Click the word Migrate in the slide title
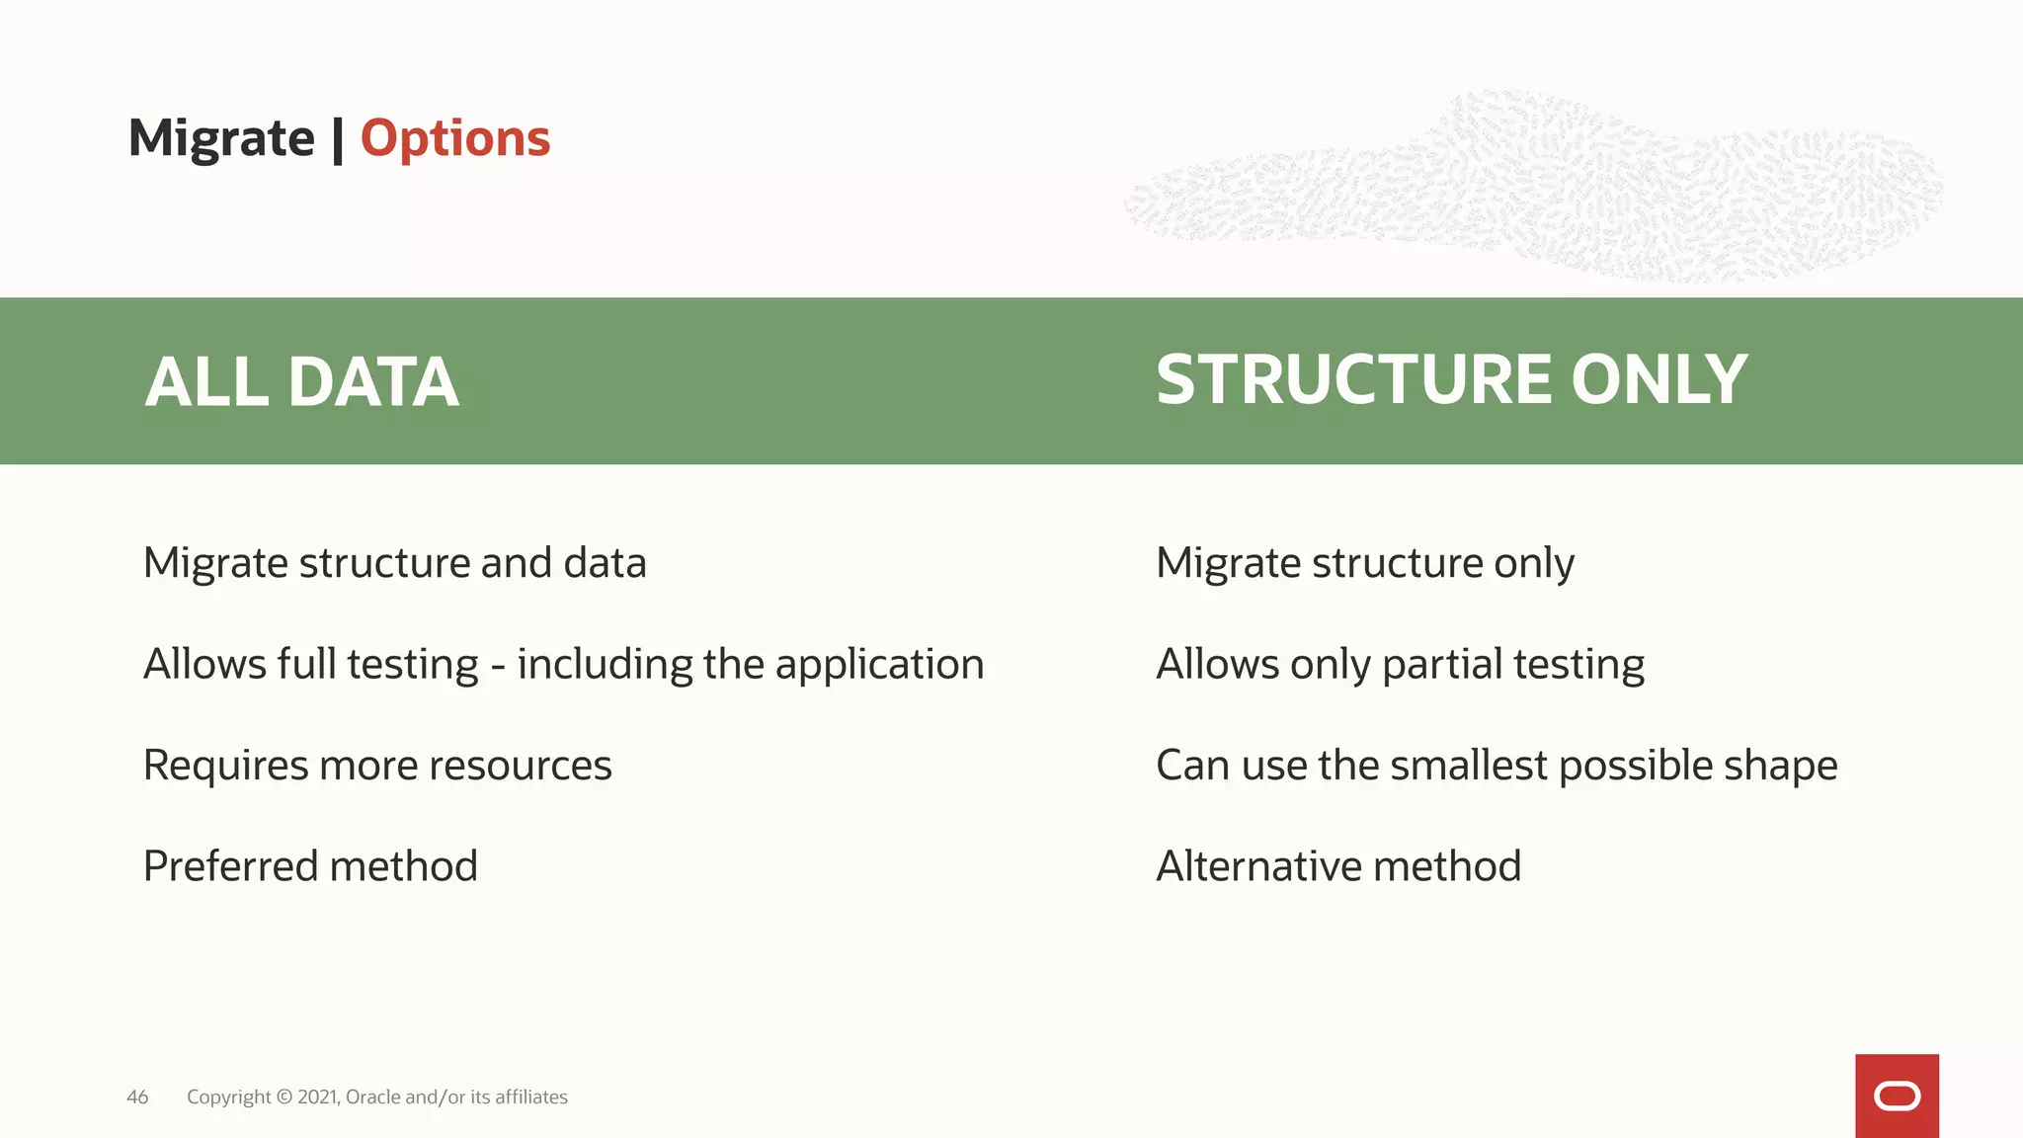[x=221, y=138]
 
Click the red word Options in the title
[x=455, y=138]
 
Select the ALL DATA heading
[x=301, y=382]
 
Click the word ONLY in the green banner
[x=1659, y=380]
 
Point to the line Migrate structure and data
[x=394, y=563]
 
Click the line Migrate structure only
[x=1364, y=563]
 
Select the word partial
[x=1441, y=665]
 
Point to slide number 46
[x=137, y=1097]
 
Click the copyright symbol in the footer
[x=284, y=1097]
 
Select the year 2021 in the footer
[x=318, y=1097]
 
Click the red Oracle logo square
[x=1897, y=1096]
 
